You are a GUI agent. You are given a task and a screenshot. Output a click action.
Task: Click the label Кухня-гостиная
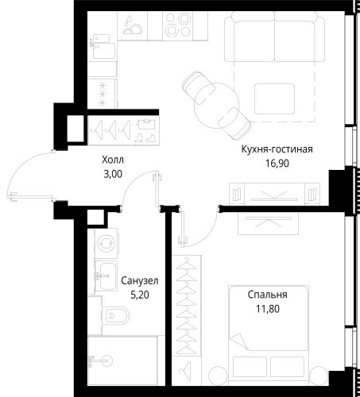pyautogui.click(x=277, y=150)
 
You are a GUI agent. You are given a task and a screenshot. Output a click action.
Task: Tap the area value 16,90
pyautogui.click(x=277, y=164)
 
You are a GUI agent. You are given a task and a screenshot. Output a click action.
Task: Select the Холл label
pyautogui.click(x=113, y=160)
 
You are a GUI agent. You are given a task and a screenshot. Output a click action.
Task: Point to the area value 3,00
pyautogui.click(x=113, y=175)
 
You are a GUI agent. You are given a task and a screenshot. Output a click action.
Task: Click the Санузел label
pyautogui.click(x=140, y=280)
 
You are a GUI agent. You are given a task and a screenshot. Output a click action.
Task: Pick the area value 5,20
pyautogui.click(x=140, y=295)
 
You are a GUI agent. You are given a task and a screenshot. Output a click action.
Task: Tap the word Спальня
pyautogui.click(x=268, y=295)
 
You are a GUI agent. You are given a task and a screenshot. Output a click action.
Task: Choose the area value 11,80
pyautogui.click(x=268, y=309)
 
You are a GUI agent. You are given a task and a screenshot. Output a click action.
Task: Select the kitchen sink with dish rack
pyautogui.click(x=132, y=25)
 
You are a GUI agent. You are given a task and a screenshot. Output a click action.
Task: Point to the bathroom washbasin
pyautogui.click(x=106, y=276)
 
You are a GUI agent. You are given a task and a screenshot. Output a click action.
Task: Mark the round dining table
pyautogui.click(x=216, y=106)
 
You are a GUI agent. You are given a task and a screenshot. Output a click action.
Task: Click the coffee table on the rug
pyautogui.click(x=275, y=99)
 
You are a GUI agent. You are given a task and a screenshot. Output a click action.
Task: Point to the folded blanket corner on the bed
pyautogui.click(x=238, y=341)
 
